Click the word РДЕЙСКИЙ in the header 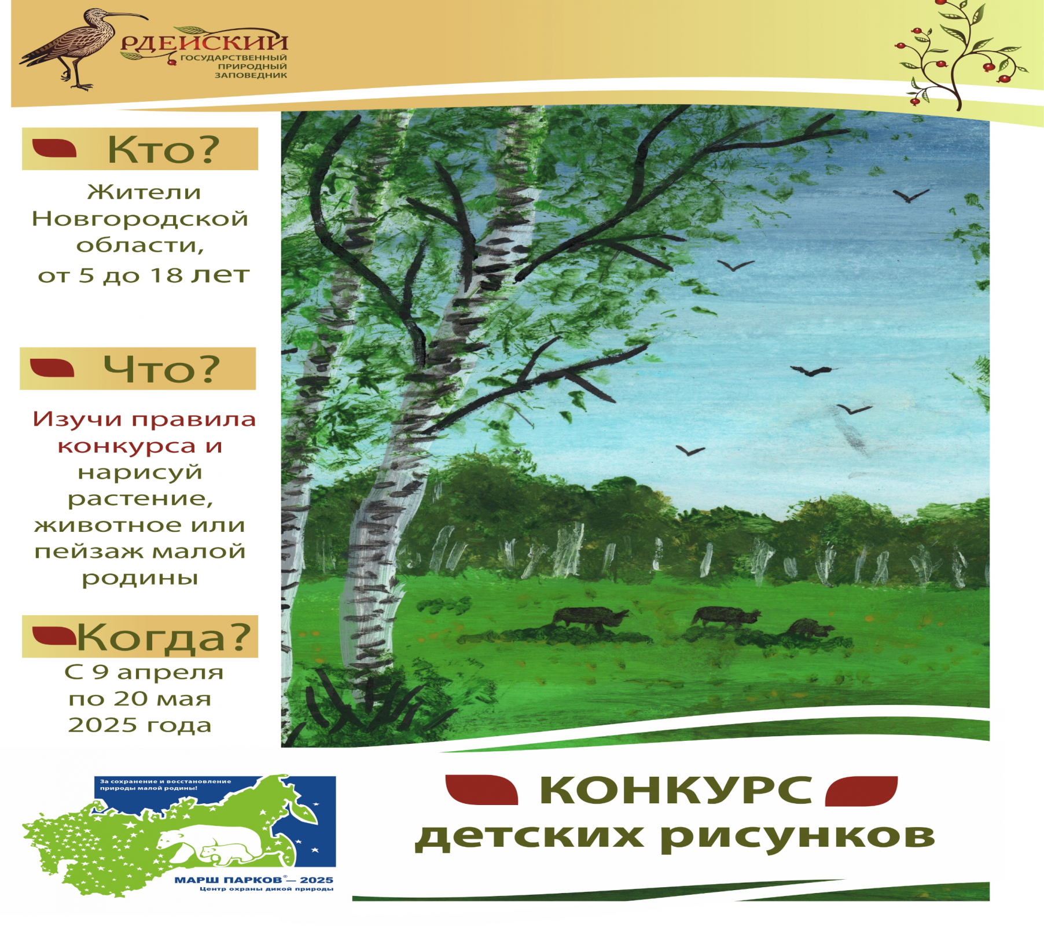click(204, 42)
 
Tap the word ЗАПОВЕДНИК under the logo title click(251, 75)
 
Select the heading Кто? click(164, 150)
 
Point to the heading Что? click(162, 369)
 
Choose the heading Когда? click(164, 637)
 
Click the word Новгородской click(140, 219)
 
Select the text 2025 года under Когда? click(140, 725)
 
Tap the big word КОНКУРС click(676, 790)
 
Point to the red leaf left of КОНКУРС click(481, 790)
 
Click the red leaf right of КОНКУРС click(861, 791)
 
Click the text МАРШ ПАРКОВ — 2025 click(254, 880)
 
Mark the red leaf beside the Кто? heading click(54, 148)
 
